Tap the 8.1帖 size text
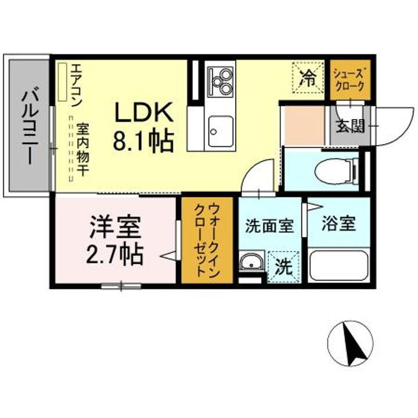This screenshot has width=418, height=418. [x=143, y=140]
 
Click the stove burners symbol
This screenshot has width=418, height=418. [x=220, y=81]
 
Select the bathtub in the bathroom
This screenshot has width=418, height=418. [x=338, y=264]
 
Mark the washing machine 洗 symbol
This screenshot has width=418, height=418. [x=283, y=267]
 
